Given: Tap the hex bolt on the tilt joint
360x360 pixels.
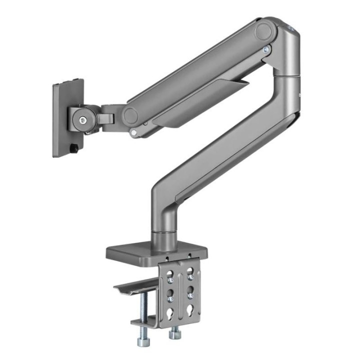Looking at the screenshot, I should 81,119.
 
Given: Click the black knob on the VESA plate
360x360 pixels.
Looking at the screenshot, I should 74,148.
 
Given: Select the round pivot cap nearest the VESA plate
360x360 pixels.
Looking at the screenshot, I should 131,114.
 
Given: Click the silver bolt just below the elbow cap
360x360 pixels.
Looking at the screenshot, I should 266,49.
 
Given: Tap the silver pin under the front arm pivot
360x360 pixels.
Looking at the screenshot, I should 133,132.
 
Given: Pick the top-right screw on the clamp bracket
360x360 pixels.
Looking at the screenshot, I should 190,266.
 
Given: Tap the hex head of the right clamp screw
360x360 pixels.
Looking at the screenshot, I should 174,334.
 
